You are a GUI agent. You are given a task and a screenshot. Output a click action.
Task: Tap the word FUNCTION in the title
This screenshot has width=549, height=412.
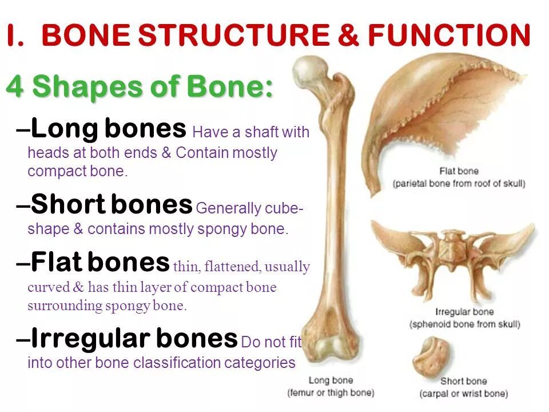449,36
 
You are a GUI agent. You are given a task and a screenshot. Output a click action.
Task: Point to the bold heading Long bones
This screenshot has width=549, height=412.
109,129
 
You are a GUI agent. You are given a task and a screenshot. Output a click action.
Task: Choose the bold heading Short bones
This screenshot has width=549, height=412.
112,204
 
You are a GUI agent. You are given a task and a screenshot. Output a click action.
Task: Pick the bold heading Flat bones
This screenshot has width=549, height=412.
100,263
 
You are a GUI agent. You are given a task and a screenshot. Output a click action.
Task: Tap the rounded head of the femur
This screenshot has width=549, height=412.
309,71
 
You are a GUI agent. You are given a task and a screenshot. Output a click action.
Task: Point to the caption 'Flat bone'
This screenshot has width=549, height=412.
459,171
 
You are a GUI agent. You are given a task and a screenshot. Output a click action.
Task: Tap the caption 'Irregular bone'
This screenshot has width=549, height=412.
464,312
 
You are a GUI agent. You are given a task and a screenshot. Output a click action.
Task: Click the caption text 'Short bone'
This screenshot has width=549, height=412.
463,381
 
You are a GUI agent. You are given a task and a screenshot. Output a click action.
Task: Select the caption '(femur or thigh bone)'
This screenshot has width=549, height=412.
331,393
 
